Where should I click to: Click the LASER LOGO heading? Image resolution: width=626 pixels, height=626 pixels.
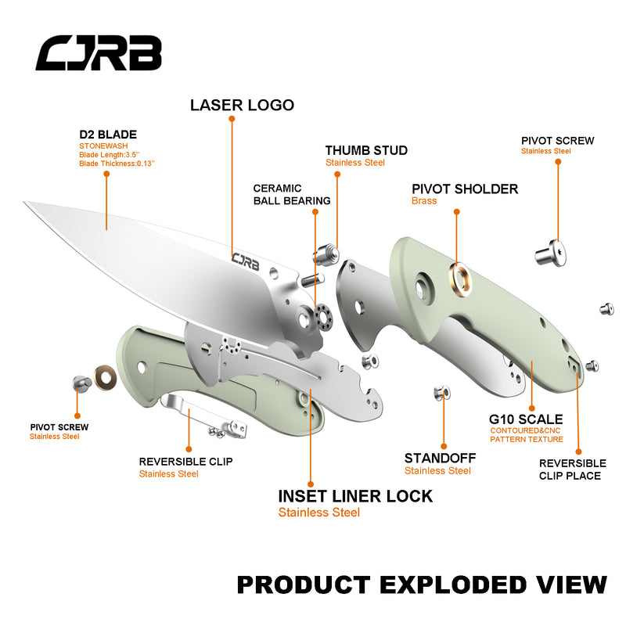click(x=242, y=105)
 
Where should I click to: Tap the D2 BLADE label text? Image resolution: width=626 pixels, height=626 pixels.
click(x=108, y=135)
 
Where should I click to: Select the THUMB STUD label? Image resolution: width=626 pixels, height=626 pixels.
click(x=366, y=150)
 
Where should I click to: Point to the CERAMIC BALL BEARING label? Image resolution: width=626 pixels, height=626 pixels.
click(x=291, y=194)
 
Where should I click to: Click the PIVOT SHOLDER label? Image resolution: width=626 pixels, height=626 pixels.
click(x=465, y=189)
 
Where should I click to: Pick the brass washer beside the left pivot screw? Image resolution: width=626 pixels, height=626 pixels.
click(x=103, y=377)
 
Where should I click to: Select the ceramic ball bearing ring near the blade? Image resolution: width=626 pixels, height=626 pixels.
click(x=322, y=316)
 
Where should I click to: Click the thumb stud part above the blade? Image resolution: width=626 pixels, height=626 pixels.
click(x=326, y=254)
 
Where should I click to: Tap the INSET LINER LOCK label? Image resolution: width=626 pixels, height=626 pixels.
click(x=355, y=496)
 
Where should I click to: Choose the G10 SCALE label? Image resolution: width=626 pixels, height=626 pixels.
click(x=526, y=419)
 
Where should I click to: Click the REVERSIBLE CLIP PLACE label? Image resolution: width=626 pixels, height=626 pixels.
click(x=572, y=469)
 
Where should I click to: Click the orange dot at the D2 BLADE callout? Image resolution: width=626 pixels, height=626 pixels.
click(x=106, y=174)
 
